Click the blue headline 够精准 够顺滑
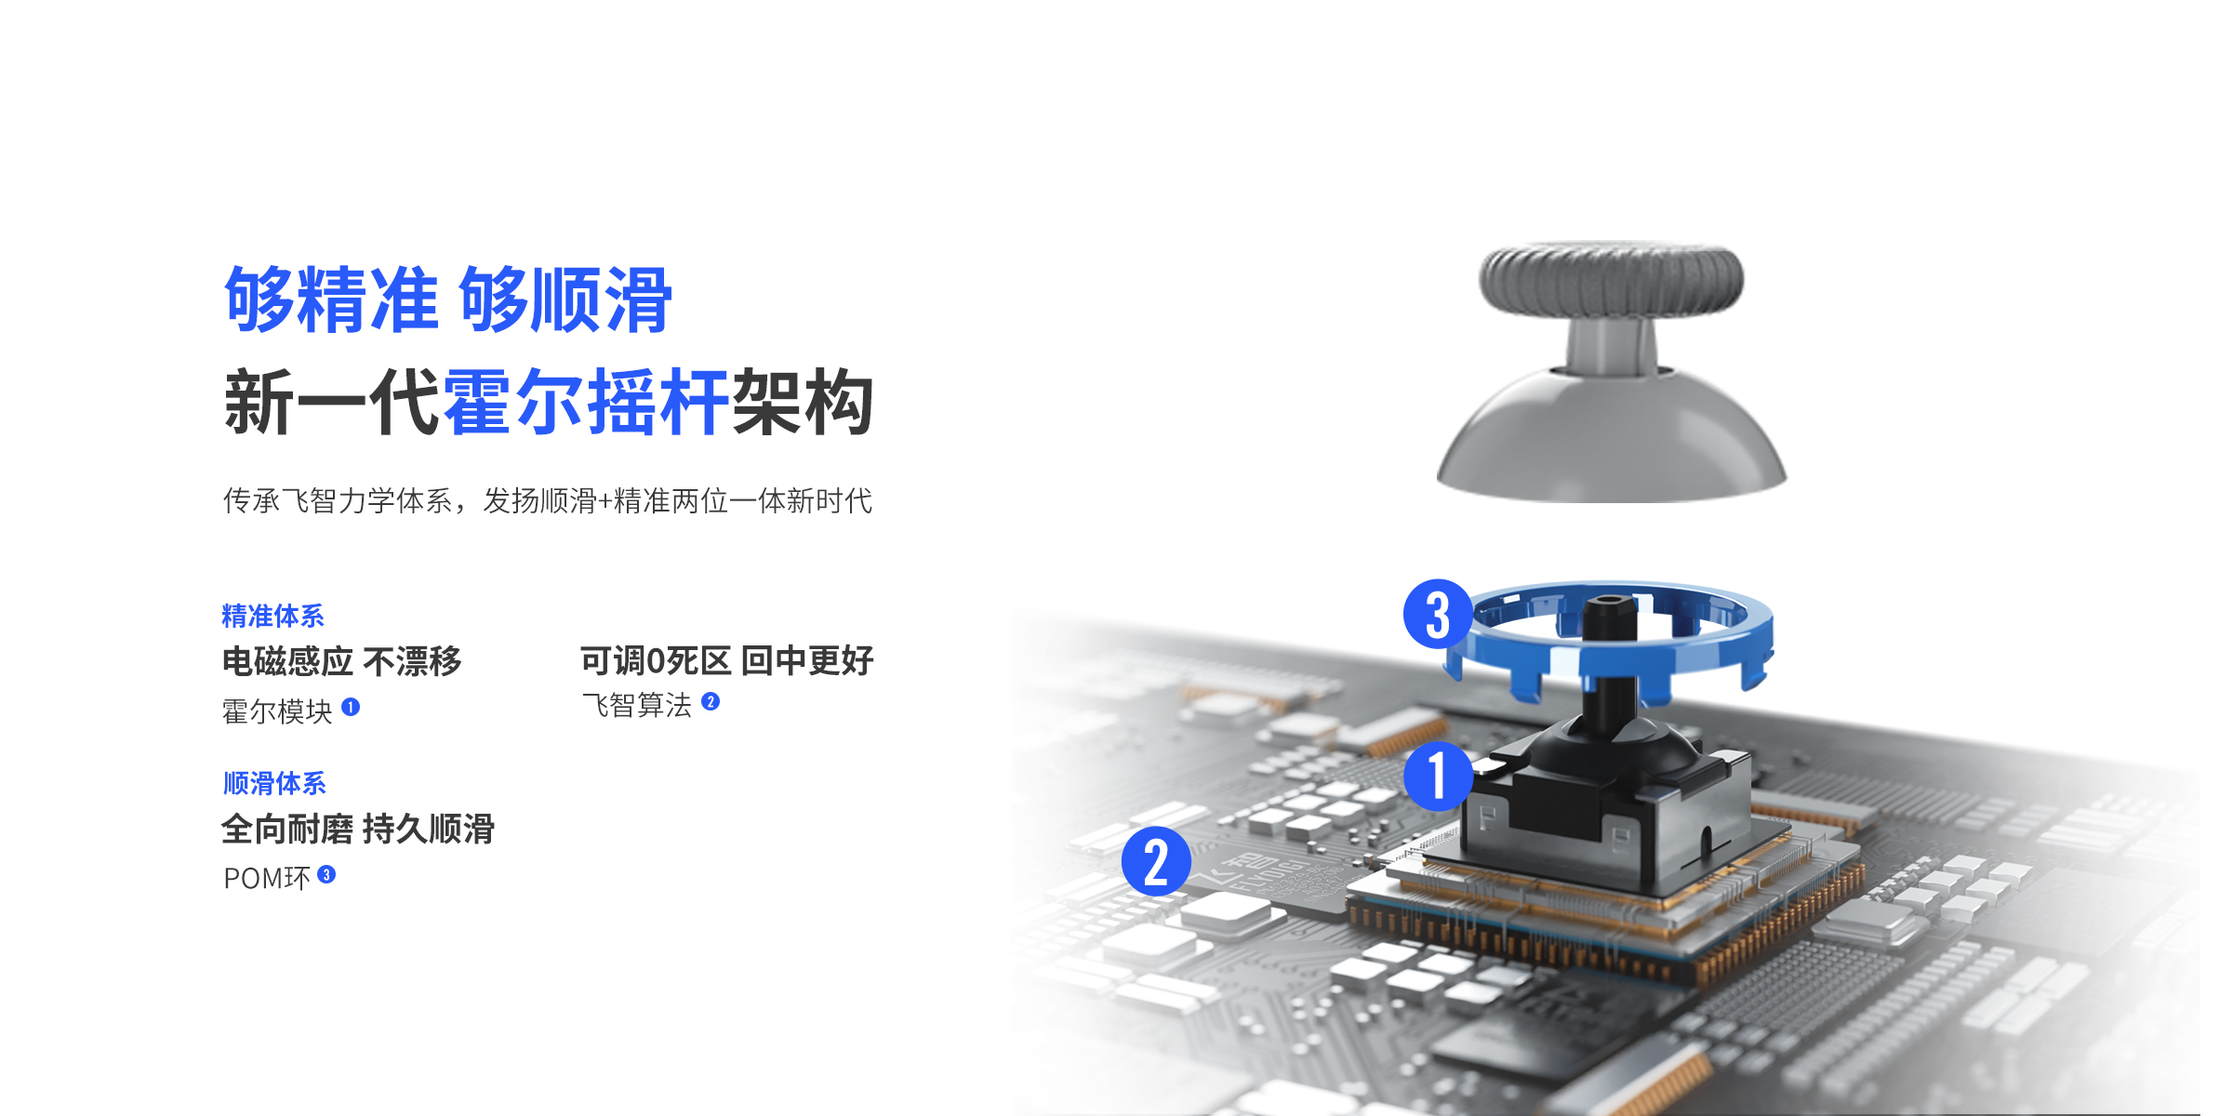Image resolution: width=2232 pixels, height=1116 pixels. coord(447,299)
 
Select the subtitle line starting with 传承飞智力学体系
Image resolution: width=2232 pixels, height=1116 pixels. coord(548,500)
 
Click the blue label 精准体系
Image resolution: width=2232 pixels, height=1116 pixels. coord(272,616)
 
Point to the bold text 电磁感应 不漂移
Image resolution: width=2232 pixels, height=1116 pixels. coord(341,661)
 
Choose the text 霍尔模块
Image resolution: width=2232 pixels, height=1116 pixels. coord(277,711)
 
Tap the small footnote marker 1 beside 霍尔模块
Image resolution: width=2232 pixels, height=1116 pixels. coord(351,707)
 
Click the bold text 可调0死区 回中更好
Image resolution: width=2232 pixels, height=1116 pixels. coord(727,660)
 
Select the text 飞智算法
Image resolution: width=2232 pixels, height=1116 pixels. coord(637,705)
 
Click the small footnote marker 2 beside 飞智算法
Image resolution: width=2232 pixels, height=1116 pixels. coord(711,701)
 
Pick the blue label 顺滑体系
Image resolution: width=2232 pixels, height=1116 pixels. coord(274,783)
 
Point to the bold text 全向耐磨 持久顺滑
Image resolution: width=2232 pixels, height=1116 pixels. coord(358,829)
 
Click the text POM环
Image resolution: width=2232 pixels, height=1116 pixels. coord(267,878)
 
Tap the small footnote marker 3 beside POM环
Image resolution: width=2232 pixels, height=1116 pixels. coord(326,874)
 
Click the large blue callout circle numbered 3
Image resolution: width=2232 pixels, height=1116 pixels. coord(1438,614)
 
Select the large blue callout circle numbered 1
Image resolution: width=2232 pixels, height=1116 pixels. coord(1439,776)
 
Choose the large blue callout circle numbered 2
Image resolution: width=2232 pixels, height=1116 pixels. coord(1156,861)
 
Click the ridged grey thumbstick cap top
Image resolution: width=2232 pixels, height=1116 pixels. coord(1612,278)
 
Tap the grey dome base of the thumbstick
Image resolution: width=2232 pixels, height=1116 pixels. coord(1612,437)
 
